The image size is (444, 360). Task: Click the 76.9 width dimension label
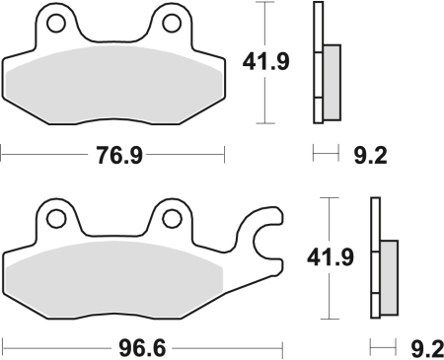click(113, 156)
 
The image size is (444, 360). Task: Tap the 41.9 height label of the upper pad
click(264, 64)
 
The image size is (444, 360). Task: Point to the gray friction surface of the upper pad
click(113, 84)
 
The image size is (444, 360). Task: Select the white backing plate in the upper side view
click(318, 63)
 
